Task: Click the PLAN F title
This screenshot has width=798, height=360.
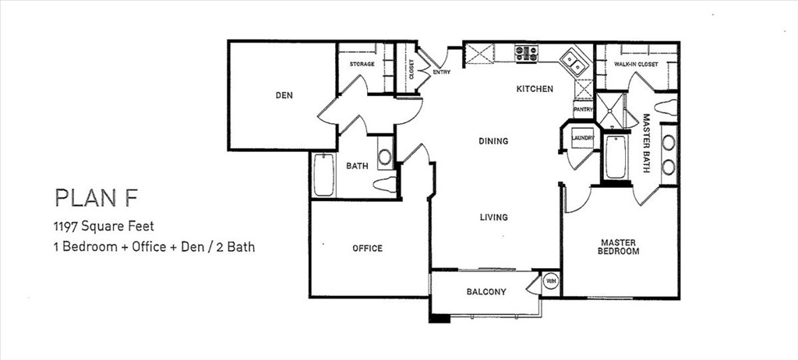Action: (x=96, y=198)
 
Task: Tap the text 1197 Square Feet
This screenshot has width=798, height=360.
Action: (x=104, y=225)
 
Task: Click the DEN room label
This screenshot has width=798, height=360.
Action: (x=284, y=95)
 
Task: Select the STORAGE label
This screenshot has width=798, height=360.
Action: (x=362, y=64)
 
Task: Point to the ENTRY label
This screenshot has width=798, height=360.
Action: (x=442, y=72)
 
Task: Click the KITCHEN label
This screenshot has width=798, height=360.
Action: (x=535, y=89)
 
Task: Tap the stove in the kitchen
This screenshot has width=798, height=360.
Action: (x=526, y=54)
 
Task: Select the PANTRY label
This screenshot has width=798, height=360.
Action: (x=583, y=109)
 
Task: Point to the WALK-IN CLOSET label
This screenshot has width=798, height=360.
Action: (x=636, y=65)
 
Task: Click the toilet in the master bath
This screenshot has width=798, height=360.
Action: (x=666, y=108)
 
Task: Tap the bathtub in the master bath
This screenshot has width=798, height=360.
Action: (x=616, y=157)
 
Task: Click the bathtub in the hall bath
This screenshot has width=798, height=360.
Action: (x=323, y=175)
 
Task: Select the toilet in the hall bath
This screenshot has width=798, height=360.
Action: (x=385, y=185)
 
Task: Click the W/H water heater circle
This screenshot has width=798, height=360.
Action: (x=550, y=281)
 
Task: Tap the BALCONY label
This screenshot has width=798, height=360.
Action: (x=486, y=292)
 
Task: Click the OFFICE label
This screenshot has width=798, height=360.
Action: (x=368, y=249)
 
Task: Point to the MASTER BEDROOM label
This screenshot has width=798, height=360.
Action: (x=619, y=247)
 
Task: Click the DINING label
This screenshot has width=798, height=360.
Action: (x=493, y=141)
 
